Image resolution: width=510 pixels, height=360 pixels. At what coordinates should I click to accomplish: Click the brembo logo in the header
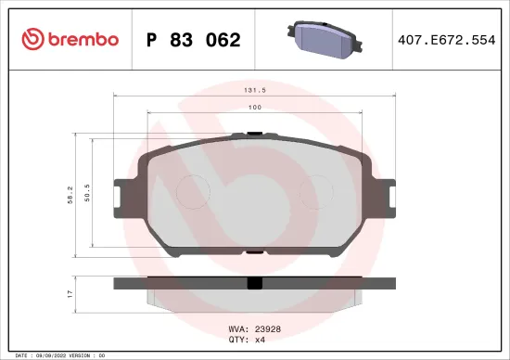70,39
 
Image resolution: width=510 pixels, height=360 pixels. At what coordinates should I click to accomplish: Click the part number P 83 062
194,40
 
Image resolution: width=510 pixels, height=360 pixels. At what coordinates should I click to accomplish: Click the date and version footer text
56,354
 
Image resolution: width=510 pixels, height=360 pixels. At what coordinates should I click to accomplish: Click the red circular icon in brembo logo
32,39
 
